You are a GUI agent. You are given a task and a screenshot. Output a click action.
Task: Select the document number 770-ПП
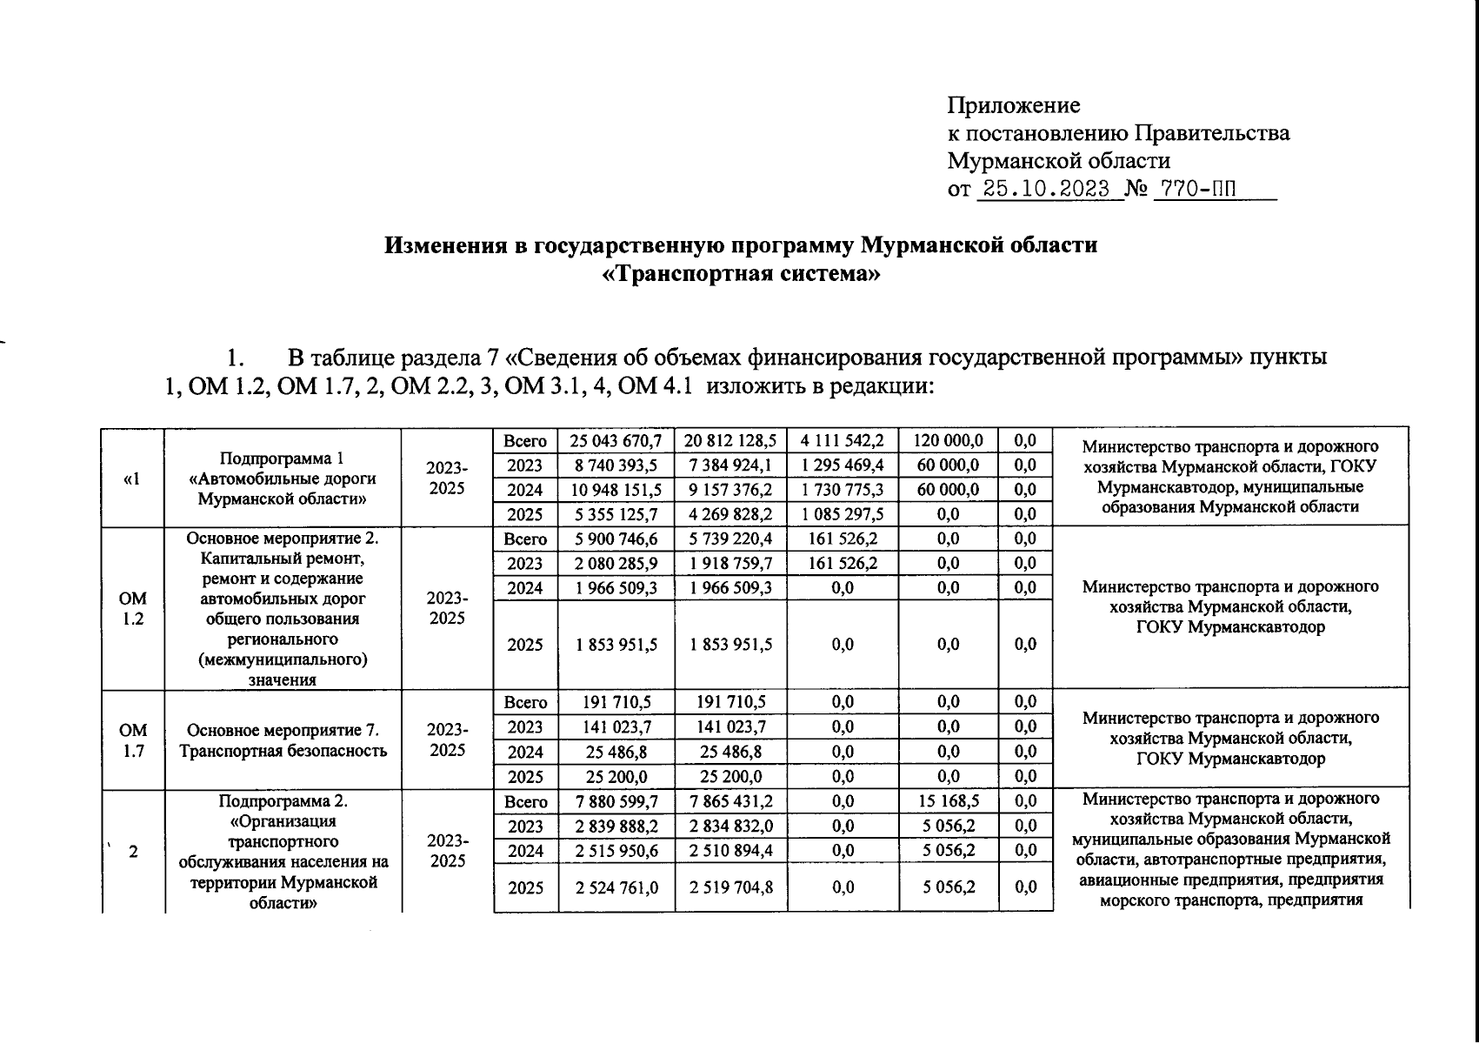1195,189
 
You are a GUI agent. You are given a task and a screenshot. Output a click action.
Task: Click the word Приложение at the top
1013,106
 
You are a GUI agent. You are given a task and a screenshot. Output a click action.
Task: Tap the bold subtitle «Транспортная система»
741,274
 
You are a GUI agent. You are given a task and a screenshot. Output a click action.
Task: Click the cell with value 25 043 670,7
616,441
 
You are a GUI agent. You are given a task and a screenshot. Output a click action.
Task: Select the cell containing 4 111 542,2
842,441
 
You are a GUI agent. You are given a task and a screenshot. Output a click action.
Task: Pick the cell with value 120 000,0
948,441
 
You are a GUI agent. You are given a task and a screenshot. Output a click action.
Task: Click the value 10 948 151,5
616,490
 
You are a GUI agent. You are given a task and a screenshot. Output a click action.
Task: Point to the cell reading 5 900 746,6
616,539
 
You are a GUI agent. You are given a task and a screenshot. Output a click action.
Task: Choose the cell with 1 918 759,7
730,564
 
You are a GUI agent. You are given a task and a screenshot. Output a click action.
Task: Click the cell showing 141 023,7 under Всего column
616,727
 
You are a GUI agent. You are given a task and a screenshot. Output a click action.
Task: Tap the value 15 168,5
948,801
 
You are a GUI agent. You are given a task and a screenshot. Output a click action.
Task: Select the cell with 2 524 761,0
616,887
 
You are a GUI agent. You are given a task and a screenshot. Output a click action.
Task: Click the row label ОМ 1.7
133,740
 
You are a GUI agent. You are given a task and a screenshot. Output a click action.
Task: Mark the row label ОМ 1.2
133,609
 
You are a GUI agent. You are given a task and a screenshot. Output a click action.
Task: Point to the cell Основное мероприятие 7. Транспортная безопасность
282,740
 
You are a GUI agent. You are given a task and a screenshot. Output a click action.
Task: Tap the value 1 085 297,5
842,514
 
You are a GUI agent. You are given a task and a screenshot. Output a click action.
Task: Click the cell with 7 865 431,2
730,801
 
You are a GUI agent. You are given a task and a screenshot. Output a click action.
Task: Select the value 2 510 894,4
730,851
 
